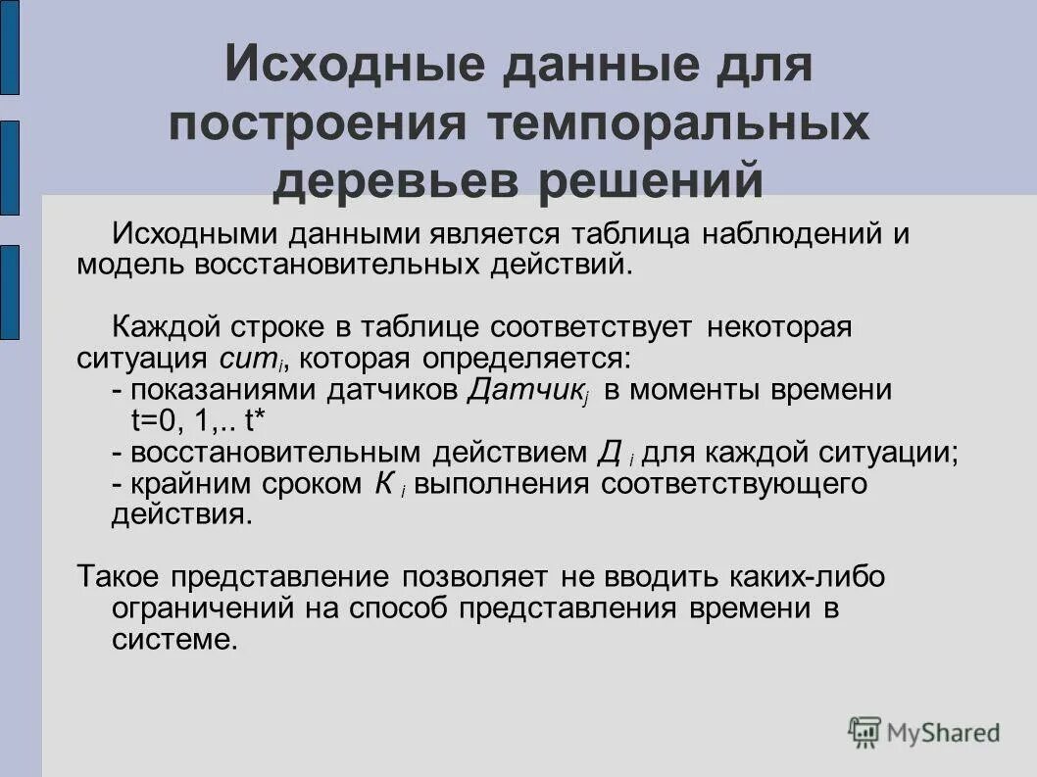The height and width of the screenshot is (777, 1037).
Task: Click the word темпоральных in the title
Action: pos(675,125)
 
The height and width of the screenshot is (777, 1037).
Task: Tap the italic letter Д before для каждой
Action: pos(609,453)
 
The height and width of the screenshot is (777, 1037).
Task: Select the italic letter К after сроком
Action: pos(385,484)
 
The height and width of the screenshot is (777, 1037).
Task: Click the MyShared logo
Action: pos(924,732)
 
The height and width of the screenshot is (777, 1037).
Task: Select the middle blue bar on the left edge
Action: pos(9,168)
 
